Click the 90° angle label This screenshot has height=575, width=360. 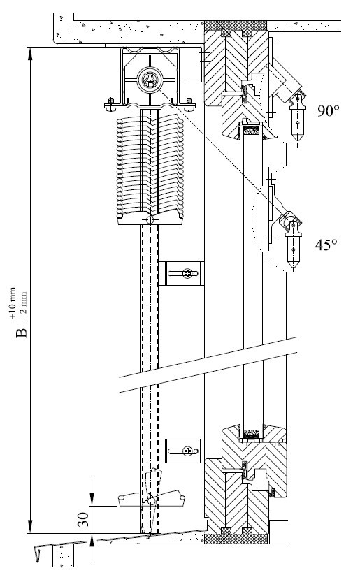tap(328, 111)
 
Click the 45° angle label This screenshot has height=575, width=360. tap(326, 245)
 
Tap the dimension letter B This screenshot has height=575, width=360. tap(22, 333)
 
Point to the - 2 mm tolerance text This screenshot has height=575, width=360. tap(24, 305)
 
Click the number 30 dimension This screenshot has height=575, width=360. tap(85, 519)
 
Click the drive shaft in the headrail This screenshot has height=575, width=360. tap(150, 80)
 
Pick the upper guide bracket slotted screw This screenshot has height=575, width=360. tap(188, 273)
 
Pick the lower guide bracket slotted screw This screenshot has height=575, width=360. tap(188, 451)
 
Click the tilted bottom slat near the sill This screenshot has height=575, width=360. tap(151, 498)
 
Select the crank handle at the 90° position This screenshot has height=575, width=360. tap(297, 118)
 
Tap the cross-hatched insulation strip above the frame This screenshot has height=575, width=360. tap(236, 26)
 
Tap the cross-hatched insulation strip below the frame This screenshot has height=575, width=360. tap(236, 539)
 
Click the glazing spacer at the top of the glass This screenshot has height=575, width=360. tap(251, 130)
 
